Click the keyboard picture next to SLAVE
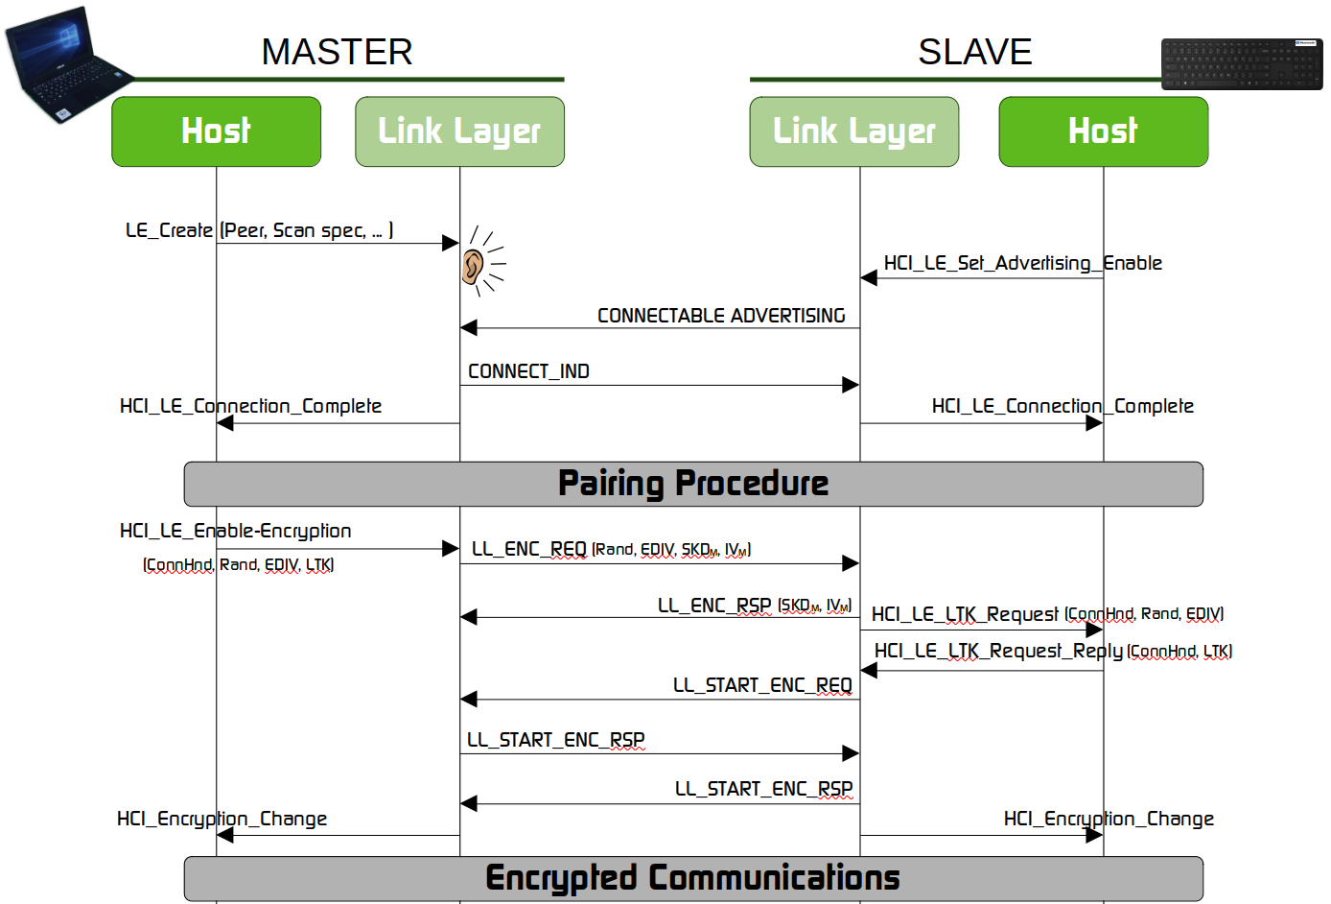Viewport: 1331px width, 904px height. pyautogui.click(x=1242, y=64)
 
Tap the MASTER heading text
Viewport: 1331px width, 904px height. pyautogui.click(x=337, y=52)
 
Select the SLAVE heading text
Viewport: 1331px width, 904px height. pyautogui.click(x=974, y=52)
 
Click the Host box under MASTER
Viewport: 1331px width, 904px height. pyautogui.click(x=216, y=131)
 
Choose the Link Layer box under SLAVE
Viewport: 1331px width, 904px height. pyautogui.click(x=853, y=131)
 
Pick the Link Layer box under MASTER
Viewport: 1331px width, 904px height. pyautogui.click(x=459, y=131)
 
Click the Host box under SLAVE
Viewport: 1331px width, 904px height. pyautogui.click(x=1103, y=131)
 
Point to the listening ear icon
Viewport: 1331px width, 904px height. pyautogui.click(x=474, y=266)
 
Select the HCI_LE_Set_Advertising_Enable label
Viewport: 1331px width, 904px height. pyautogui.click(x=1022, y=263)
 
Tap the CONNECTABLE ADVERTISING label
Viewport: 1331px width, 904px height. pyautogui.click(x=721, y=316)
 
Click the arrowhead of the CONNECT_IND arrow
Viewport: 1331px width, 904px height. pyautogui.click(x=851, y=385)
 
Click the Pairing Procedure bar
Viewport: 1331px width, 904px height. pyautogui.click(x=692, y=484)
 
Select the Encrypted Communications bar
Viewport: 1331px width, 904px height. pyautogui.click(x=692, y=878)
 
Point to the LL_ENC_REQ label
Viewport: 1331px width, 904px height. pyautogui.click(x=528, y=549)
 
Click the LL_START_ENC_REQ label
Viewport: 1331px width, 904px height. pyautogui.click(x=762, y=685)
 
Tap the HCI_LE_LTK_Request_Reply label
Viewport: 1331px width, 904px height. pyautogui.click(x=998, y=651)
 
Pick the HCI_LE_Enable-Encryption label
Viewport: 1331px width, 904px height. pyautogui.click(x=235, y=531)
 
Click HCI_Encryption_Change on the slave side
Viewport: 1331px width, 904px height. pyautogui.click(x=1109, y=819)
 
